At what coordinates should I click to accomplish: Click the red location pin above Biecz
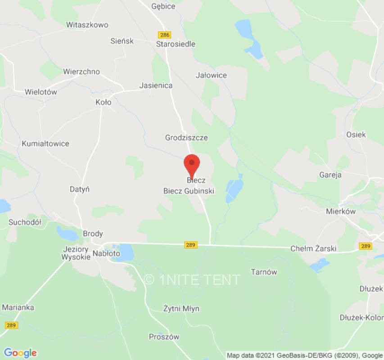point(192,165)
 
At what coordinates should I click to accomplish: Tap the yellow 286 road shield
point(165,35)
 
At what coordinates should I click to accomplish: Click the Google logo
point(20,353)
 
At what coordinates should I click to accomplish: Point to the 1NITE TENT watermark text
point(192,280)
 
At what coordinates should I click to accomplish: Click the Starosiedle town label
point(176,44)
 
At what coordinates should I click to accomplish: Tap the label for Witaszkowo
point(87,25)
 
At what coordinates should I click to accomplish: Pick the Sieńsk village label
point(122,41)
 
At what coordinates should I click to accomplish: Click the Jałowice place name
point(211,75)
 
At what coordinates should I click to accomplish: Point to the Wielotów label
point(41,92)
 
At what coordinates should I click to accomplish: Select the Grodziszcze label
point(186,137)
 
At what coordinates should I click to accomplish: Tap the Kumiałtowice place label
point(45,144)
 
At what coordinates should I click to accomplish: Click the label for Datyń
point(79,189)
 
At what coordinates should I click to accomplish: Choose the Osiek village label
point(356,135)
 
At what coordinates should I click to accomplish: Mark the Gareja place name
point(330,175)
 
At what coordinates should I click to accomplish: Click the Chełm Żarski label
point(313,249)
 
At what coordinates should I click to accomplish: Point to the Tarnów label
point(264,272)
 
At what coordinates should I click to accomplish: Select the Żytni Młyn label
point(181,309)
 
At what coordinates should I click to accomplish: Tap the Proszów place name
point(164,337)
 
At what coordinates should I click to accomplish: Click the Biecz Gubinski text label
point(189,191)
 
